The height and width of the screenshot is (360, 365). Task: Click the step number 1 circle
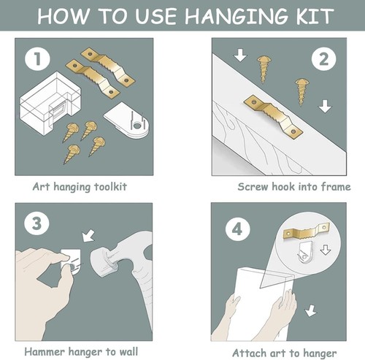pos(37,59)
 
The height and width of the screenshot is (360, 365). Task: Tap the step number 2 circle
pos(323,59)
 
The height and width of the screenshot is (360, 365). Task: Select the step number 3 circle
pos(36,223)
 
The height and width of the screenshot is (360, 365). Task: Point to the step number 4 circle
pos(237,229)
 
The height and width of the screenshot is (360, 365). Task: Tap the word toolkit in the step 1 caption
pos(110,187)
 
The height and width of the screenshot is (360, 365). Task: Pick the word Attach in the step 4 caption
pos(248,353)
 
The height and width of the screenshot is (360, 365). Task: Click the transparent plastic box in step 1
pos(50,103)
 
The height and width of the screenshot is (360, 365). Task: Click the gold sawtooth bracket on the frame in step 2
pos(273,117)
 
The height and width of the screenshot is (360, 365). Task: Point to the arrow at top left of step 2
pos(240,55)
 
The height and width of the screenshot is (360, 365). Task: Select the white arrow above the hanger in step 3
pos(88,235)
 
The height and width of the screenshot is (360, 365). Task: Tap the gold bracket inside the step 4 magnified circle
pos(307,231)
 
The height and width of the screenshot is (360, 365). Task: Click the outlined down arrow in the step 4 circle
pos(326,250)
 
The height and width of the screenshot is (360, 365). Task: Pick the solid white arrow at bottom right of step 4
pos(310,310)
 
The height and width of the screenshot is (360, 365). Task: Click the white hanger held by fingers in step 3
pos(71,261)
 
